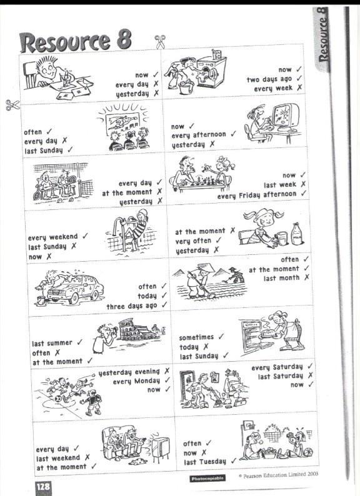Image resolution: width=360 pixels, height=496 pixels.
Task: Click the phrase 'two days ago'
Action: click(269, 79)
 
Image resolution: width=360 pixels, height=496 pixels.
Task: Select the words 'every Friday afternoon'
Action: click(257, 195)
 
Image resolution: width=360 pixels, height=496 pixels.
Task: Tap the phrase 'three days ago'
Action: click(132, 306)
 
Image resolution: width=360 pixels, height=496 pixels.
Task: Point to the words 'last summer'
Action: click(52, 343)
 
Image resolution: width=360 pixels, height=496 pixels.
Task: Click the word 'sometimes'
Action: click(196, 337)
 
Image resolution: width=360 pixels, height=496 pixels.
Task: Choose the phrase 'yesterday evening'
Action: click(129, 372)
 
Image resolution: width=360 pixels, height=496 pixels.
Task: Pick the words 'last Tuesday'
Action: click(205, 462)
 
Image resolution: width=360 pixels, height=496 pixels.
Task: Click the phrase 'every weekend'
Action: click(52, 237)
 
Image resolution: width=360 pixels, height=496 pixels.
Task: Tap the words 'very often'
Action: click(193, 241)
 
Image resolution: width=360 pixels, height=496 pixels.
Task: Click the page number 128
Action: click(42, 487)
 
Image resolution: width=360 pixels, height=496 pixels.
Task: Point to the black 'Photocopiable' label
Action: click(207, 479)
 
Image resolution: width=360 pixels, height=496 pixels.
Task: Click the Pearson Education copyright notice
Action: click(278, 475)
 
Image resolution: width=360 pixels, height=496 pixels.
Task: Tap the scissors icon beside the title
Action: click(160, 42)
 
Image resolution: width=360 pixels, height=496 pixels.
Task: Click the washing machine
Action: click(211, 71)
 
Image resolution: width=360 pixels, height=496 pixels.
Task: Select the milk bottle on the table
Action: click(297, 234)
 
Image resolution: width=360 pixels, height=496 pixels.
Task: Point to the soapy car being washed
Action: click(75, 288)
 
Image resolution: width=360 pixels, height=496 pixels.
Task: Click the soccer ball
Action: click(57, 399)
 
